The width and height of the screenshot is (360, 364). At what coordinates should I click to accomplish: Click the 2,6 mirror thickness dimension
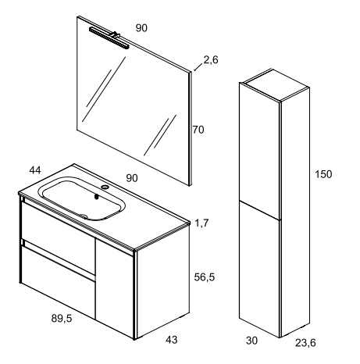211,60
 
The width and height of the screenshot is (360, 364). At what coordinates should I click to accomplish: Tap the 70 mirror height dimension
198,130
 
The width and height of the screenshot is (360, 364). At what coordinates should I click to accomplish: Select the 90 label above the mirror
141,28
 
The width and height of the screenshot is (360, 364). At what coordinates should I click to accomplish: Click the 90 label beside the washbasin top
132,178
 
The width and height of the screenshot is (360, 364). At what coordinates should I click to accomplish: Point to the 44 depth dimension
35,170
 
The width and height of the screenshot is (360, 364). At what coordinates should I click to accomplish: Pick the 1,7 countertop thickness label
201,223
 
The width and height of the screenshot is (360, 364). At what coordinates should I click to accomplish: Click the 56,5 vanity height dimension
205,277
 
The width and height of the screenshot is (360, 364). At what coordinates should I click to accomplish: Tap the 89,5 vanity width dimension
62,318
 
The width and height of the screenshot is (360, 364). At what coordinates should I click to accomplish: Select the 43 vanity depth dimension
172,340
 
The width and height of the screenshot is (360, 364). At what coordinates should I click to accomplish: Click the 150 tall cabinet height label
323,174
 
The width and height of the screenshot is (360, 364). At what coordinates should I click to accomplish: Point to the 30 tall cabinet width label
251,341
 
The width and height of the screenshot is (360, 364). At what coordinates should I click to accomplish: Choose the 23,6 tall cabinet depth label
305,343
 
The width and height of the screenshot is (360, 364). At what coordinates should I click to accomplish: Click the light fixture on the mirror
109,38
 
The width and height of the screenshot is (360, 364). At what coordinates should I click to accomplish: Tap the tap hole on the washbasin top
105,187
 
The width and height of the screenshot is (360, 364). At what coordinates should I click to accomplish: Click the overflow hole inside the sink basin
97,197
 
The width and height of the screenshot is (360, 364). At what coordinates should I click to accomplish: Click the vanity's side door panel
115,288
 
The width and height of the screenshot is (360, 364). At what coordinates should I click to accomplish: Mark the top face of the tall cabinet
275,85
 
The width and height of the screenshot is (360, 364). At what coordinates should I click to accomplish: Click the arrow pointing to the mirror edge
198,67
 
